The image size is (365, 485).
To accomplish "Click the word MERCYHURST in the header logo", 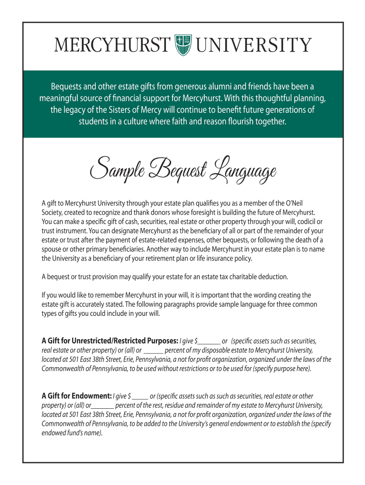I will pyautogui.click(x=112, y=45).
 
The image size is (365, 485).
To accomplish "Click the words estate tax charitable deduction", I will pyautogui.click(x=246, y=277).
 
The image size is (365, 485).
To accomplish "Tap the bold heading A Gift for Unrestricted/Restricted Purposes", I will pyautogui.click(x=110, y=341).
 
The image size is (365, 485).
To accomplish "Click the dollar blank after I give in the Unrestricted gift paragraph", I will pyautogui.click(x=210, y=341).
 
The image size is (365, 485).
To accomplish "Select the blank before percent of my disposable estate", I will pyautogui.click(x=153, y=350).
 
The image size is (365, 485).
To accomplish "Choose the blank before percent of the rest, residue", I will pyautogui.click(x=102, y=405).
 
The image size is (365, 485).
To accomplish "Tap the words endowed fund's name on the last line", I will pyautogui.click(x=71, y=433).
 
